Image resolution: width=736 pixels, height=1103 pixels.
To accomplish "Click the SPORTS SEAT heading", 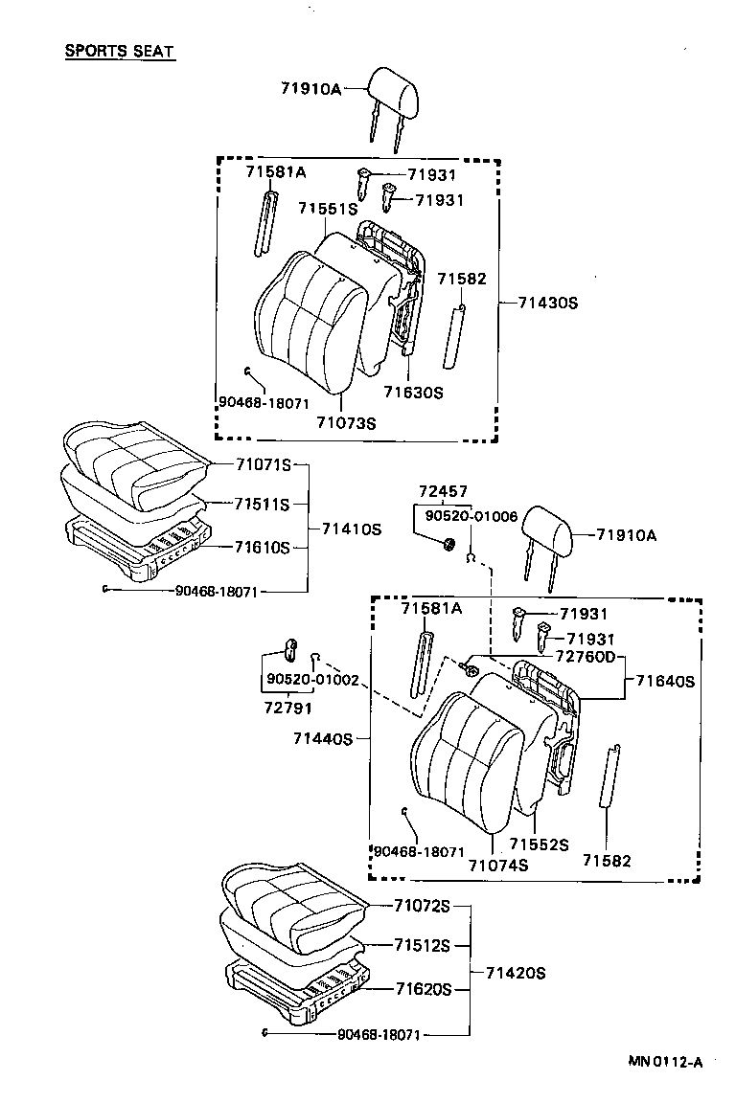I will click(120, 51).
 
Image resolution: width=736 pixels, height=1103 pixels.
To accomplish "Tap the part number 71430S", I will click(548, 303).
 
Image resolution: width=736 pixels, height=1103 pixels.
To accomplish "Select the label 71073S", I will click(346, 422).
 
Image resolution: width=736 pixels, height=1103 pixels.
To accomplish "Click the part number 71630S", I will click(413, 392).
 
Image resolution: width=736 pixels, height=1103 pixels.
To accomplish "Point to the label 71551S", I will click(327, 208).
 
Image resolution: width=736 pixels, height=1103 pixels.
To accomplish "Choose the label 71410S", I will click(352, 528).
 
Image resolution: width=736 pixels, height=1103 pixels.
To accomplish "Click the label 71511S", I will click(263, 505).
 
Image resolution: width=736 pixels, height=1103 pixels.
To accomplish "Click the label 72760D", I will click(583, 659).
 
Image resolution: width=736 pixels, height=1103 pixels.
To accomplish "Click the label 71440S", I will click(324, 738).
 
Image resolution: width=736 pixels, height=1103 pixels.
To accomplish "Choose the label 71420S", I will click(515, 972).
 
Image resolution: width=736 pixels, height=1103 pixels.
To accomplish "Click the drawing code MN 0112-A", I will click(665, 1061).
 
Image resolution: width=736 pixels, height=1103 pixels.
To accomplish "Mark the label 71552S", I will click(539, 844).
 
